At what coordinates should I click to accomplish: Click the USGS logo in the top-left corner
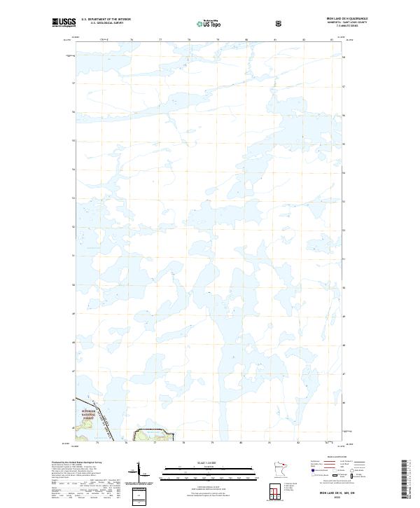(64, 22)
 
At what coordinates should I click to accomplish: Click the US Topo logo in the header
(203, 23)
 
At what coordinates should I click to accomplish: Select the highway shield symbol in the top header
(280, 24)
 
